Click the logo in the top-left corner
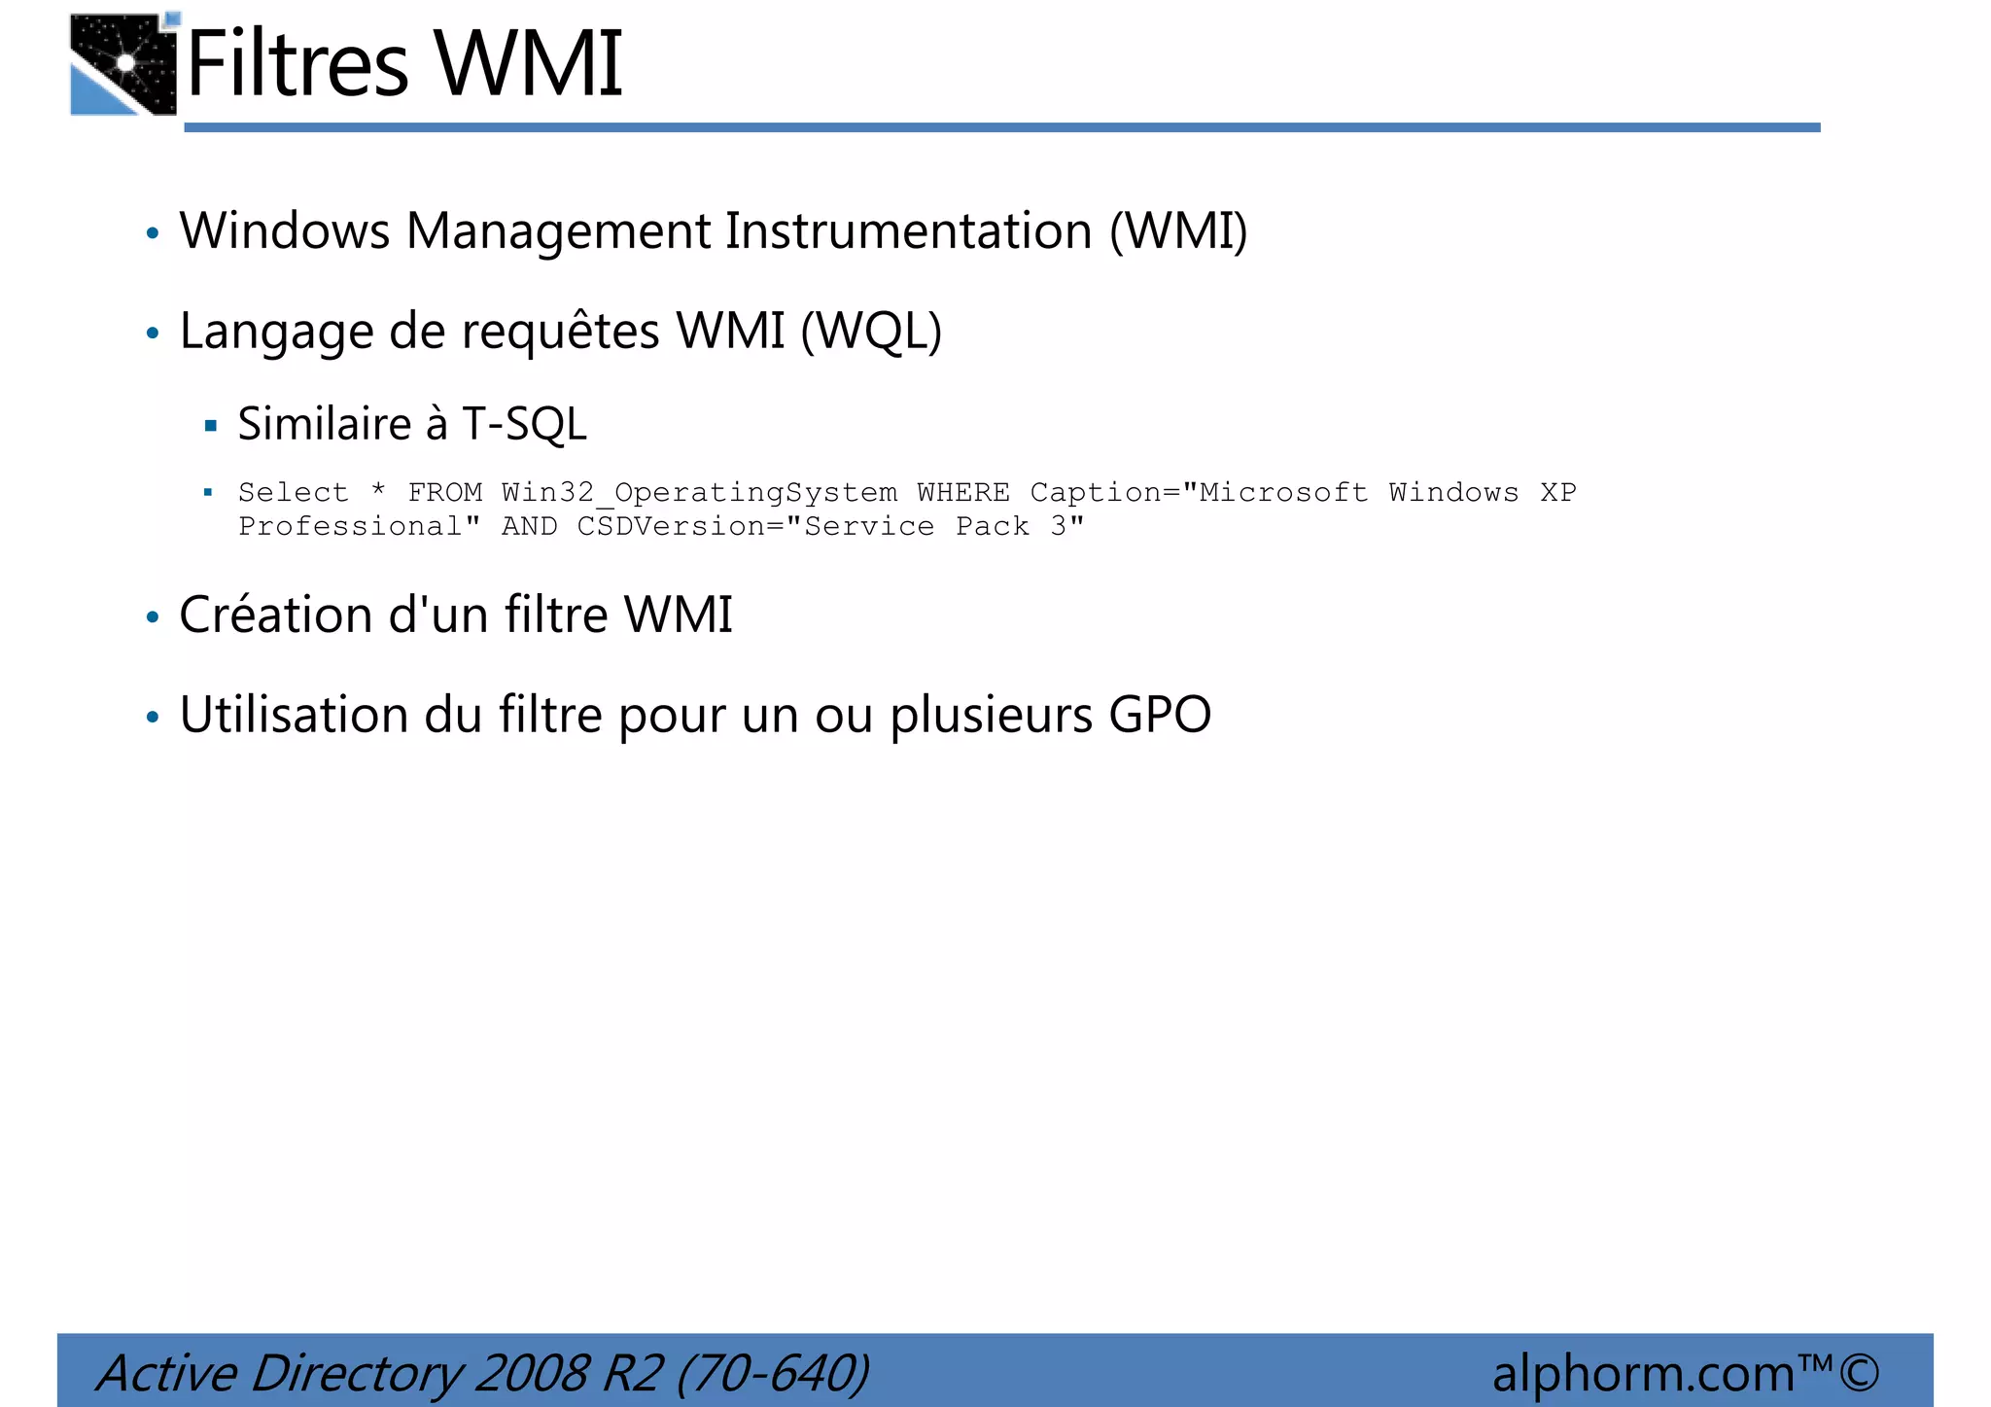coord(123,64)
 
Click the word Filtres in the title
coord(297,64)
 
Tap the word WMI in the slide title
coord(528,64)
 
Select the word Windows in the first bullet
coord(285,231)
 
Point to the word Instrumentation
coord(909,231)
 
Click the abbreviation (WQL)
coord(871,332)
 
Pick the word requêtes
coord(561,332)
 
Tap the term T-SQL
coord(524,424)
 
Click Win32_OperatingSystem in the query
coord(699,493)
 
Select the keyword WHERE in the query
coord(962,493)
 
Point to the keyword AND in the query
coord(529,527)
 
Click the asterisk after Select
coord(378,491)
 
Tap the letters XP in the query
coord(1557,493)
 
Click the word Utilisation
coord(295,716)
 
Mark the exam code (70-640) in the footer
coord(772,1373)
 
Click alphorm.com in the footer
coord(1642,1373)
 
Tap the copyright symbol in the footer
coord(1859,1373)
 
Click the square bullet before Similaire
coord(210,425)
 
